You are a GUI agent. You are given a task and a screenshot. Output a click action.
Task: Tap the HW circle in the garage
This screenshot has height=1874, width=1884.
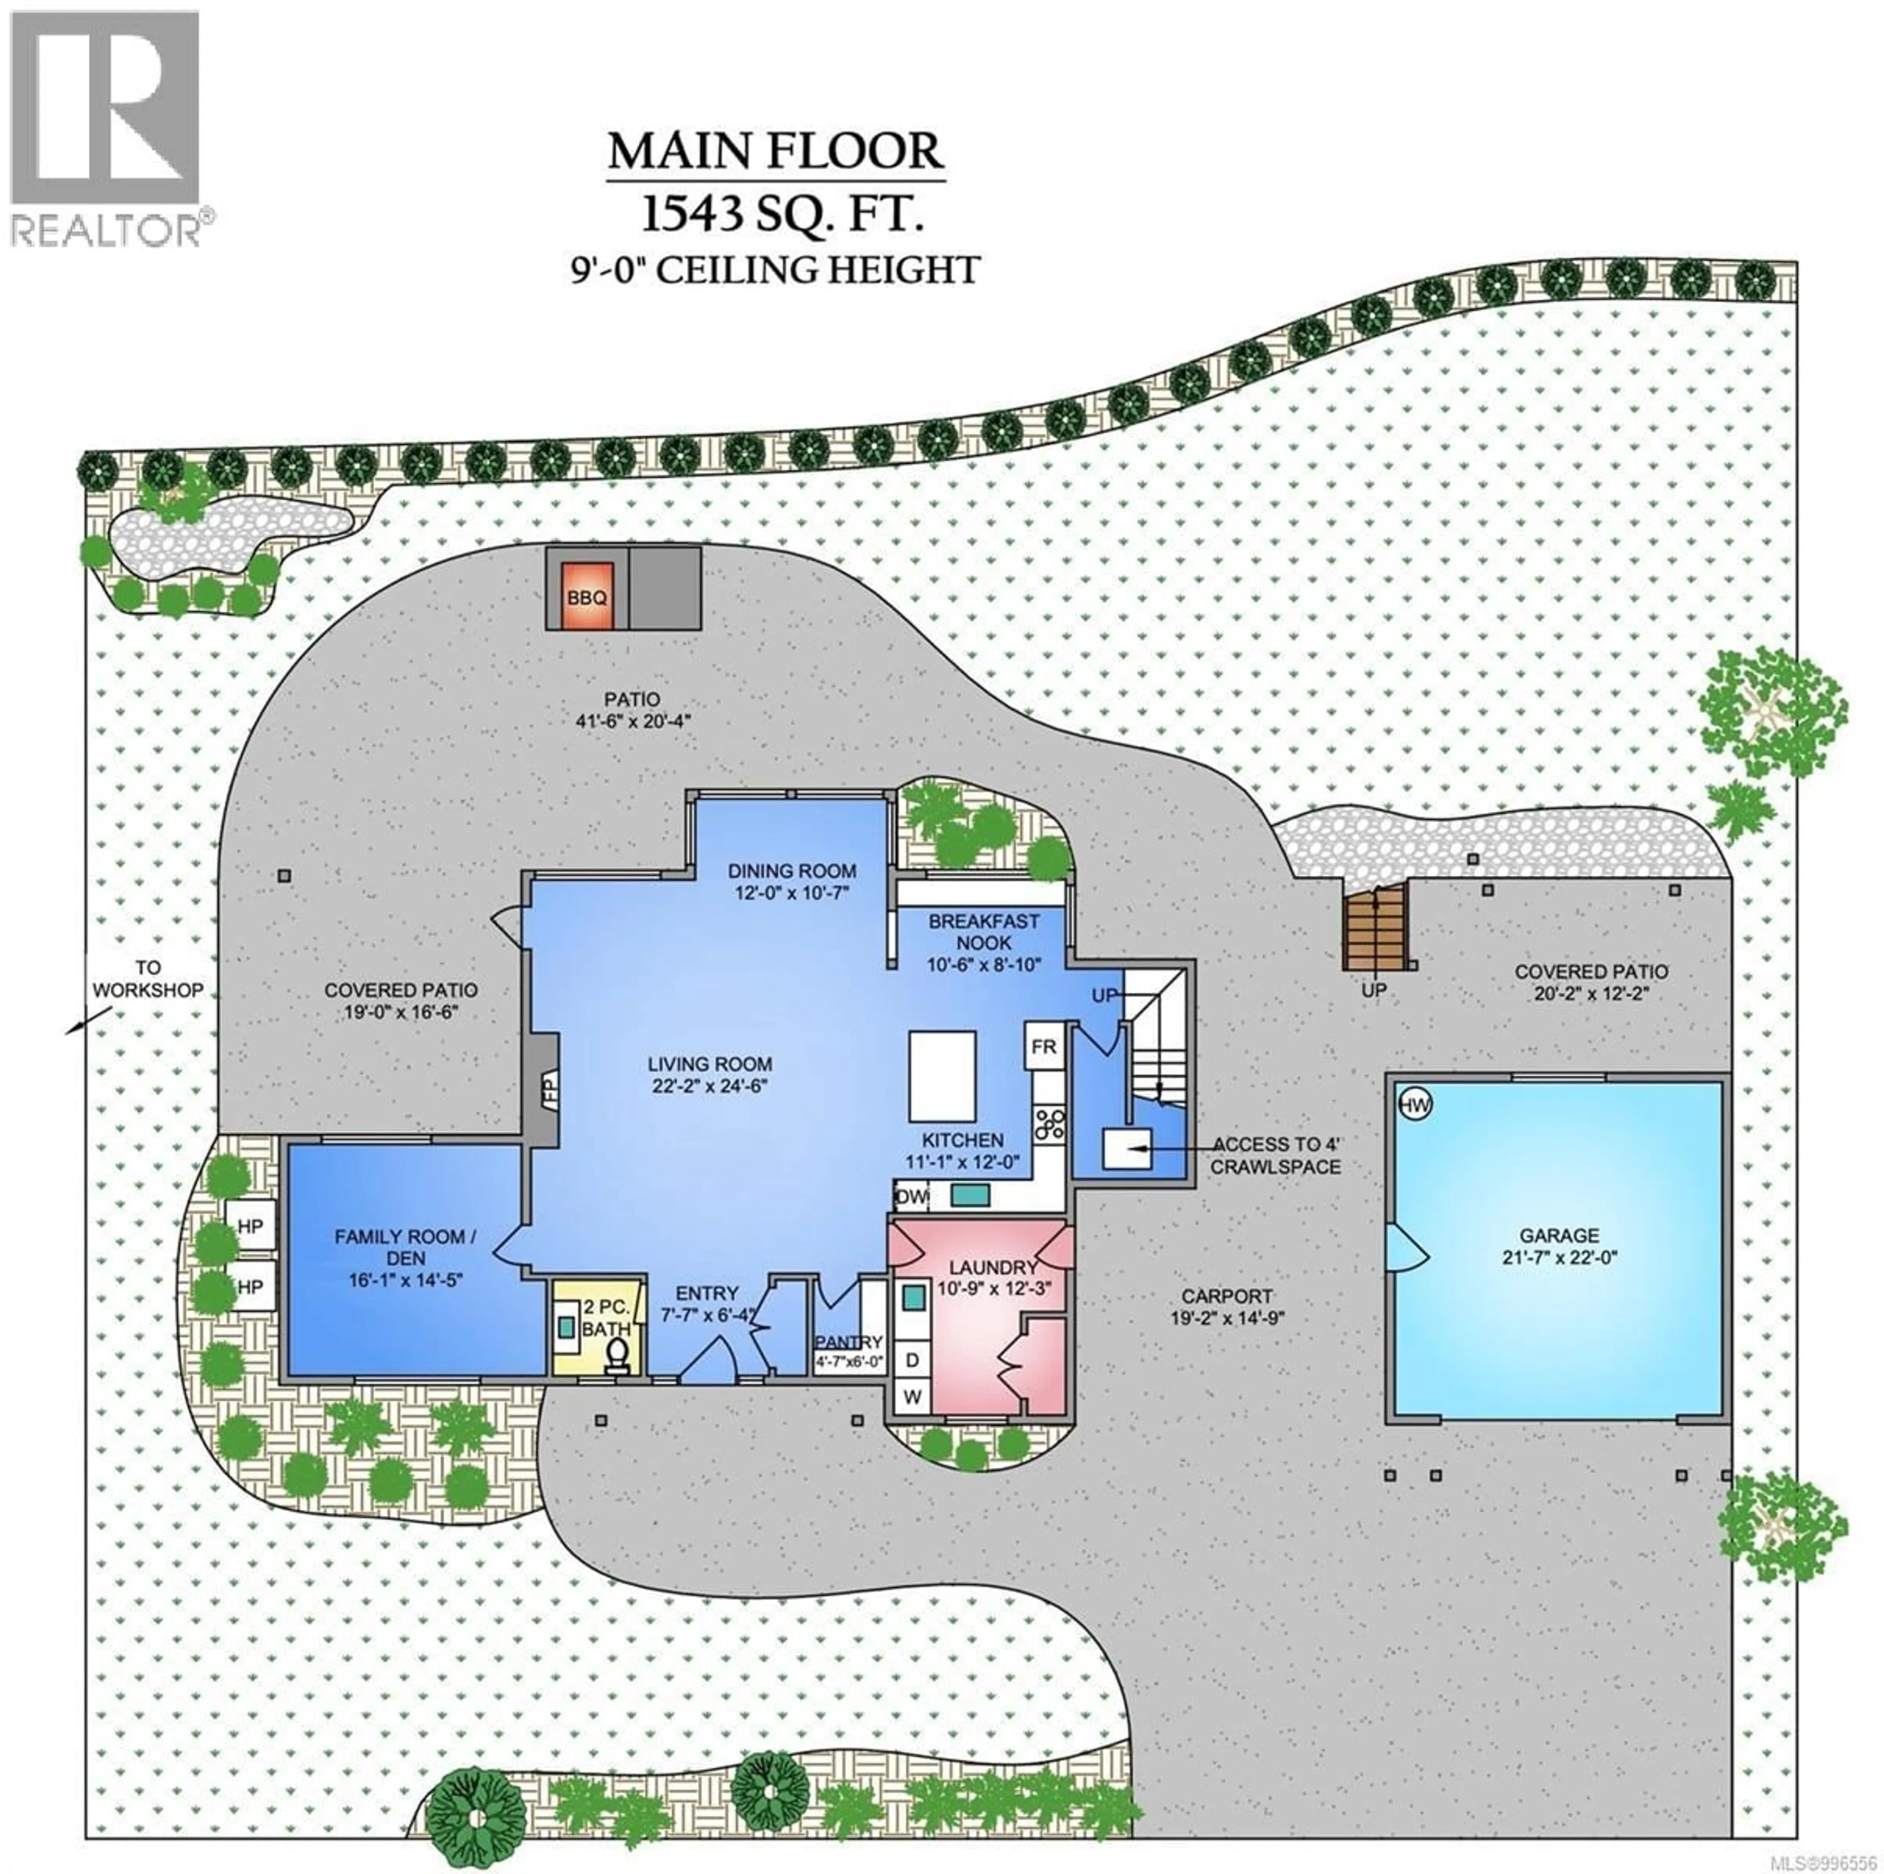(x=1414, y=1104)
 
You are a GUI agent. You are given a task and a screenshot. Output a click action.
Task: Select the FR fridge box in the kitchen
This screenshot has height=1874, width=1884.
(x=1044, y=1047)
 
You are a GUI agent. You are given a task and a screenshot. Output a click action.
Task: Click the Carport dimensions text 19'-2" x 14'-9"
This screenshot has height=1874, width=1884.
(x=1226, y=1318)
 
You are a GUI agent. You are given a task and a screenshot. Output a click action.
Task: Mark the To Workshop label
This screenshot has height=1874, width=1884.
(x=148, y=979)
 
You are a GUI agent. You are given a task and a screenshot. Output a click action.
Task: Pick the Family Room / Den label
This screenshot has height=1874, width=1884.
(x=406, y=1247)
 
